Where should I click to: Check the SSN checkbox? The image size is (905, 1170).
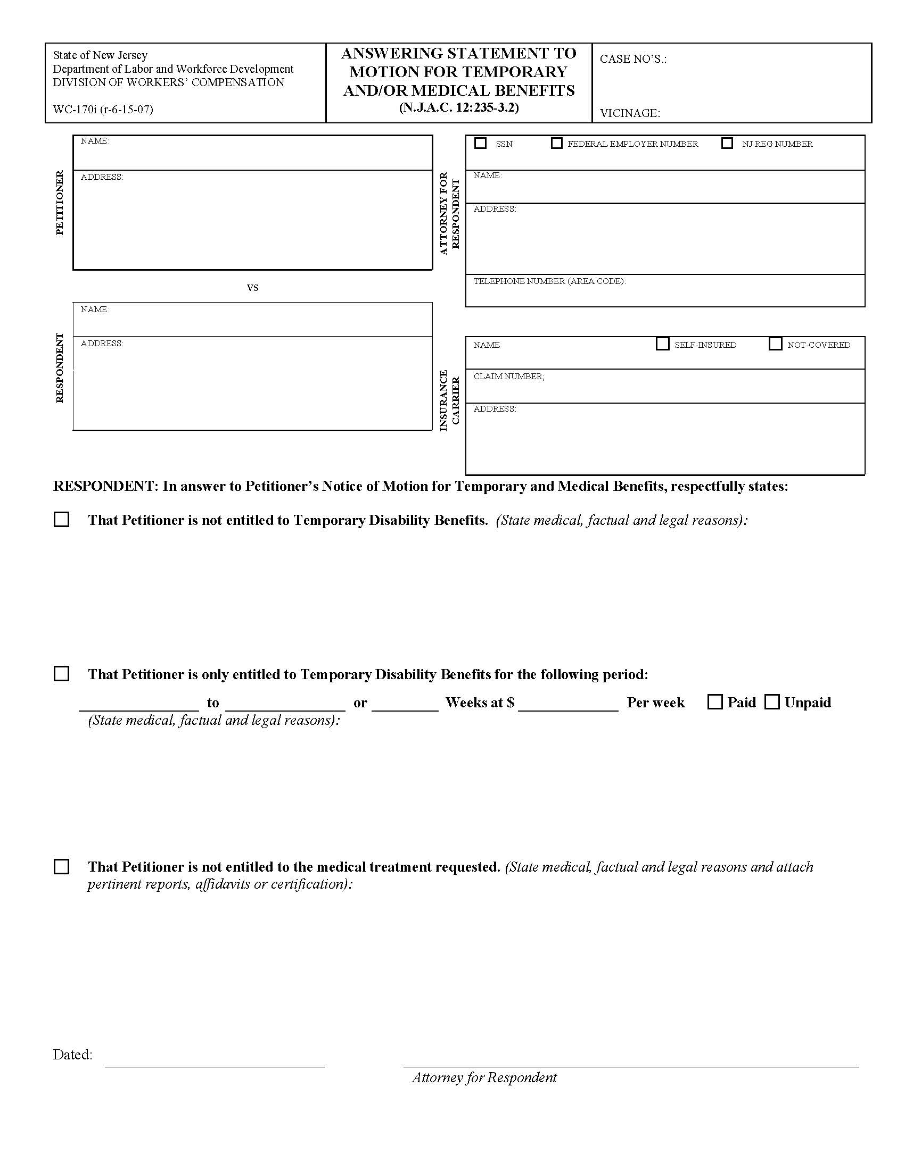[x=480, y=143]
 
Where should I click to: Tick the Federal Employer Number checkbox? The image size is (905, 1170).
[x=556, y=143]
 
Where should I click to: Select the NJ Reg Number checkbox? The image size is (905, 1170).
[x=727, y=143]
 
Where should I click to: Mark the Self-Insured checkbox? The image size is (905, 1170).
[x=663, y=344]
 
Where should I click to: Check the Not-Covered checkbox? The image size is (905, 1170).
[x=775, y=344]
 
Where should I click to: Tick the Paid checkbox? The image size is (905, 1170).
[x=715, y=702]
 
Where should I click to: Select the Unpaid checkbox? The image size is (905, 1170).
[x=771, y=702]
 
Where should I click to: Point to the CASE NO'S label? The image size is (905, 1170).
[x=632, y=59]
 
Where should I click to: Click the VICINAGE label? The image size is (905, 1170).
[x=629, y=113]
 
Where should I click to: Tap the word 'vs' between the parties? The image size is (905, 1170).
[x=252, y=287]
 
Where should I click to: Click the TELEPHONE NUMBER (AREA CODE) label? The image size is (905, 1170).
[x=549, y=281]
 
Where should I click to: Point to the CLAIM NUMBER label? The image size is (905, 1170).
[x=508, y=377]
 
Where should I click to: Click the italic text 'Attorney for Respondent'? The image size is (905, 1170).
[x=484, y=1077]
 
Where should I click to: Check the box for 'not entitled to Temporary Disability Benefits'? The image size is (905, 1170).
[x=62, y=520]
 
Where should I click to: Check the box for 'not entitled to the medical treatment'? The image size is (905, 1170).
[x=62, y=867]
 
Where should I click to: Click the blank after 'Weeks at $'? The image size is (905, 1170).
[x=569, y=703]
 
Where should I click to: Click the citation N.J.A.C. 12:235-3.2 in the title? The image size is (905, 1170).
[x=458, y=107]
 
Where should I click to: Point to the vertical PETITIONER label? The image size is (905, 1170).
[x=60, y=203]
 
